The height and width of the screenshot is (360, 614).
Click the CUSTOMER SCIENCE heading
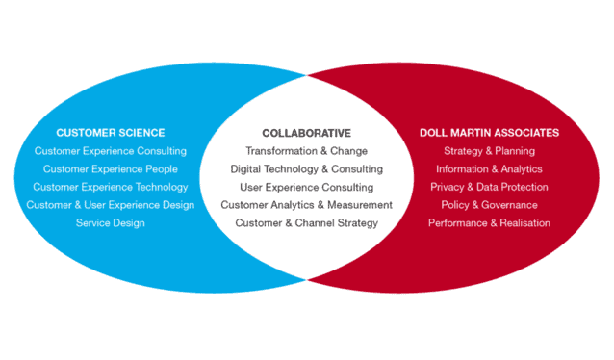[x=111, y=133]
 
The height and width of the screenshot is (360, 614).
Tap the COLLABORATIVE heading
[x=307, y=133]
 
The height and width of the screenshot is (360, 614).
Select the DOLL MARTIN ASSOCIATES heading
[x=489, y=133]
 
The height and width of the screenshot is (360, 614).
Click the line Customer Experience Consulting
[x=111, y=151]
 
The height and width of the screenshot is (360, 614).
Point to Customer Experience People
[x=111, y=169]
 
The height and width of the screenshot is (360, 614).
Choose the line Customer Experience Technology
[x=111, y=188]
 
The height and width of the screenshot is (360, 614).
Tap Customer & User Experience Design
[x=111, y=205]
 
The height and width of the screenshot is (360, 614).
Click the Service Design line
[x=111, y=223]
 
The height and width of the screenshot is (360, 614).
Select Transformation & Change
[x=307, y=151]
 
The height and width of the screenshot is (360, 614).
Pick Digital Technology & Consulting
[x=307, y=169]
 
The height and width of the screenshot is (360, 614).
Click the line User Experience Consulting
[x=307, y=188]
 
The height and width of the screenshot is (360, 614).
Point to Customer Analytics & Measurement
[x=307, y=205]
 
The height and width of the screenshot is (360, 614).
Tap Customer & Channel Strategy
[x=307, y=223]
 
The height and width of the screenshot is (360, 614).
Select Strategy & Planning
[x=489, y=151]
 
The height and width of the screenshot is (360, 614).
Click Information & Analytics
[x=489, y=169]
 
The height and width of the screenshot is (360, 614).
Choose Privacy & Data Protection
[x=489, y=187]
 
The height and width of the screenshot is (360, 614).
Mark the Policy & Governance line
[x=489, y=205]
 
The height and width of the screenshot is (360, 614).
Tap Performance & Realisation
[x=489, y=223]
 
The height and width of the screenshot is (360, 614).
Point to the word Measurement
[x=360, y=205]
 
